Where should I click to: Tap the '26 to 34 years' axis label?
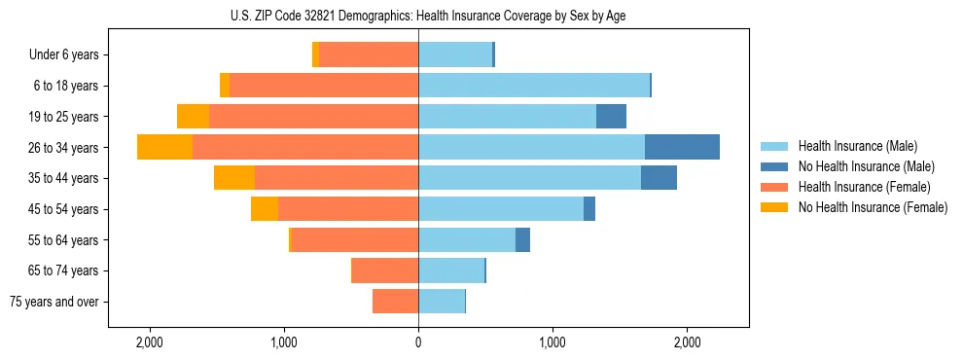point(63,148)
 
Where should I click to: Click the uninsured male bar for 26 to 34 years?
point(682,147)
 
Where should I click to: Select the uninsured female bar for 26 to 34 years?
point(164,147)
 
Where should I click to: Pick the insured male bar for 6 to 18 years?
point(533,86)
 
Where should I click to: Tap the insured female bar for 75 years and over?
point(395,302)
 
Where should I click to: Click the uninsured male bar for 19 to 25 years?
point(611,117)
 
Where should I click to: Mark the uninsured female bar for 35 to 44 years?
point(234,178)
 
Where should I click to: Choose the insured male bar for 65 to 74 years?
point(450,270)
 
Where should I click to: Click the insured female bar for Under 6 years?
point(368,55)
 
